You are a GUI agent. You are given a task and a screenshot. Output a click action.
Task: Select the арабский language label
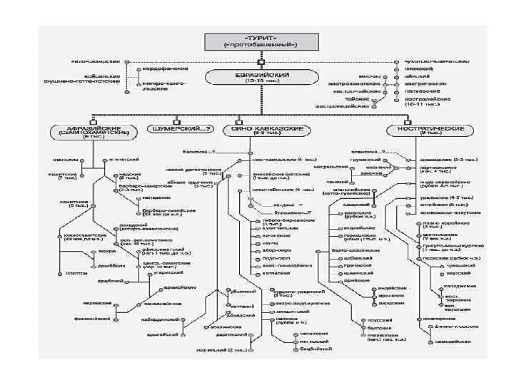tap(105, 281)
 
